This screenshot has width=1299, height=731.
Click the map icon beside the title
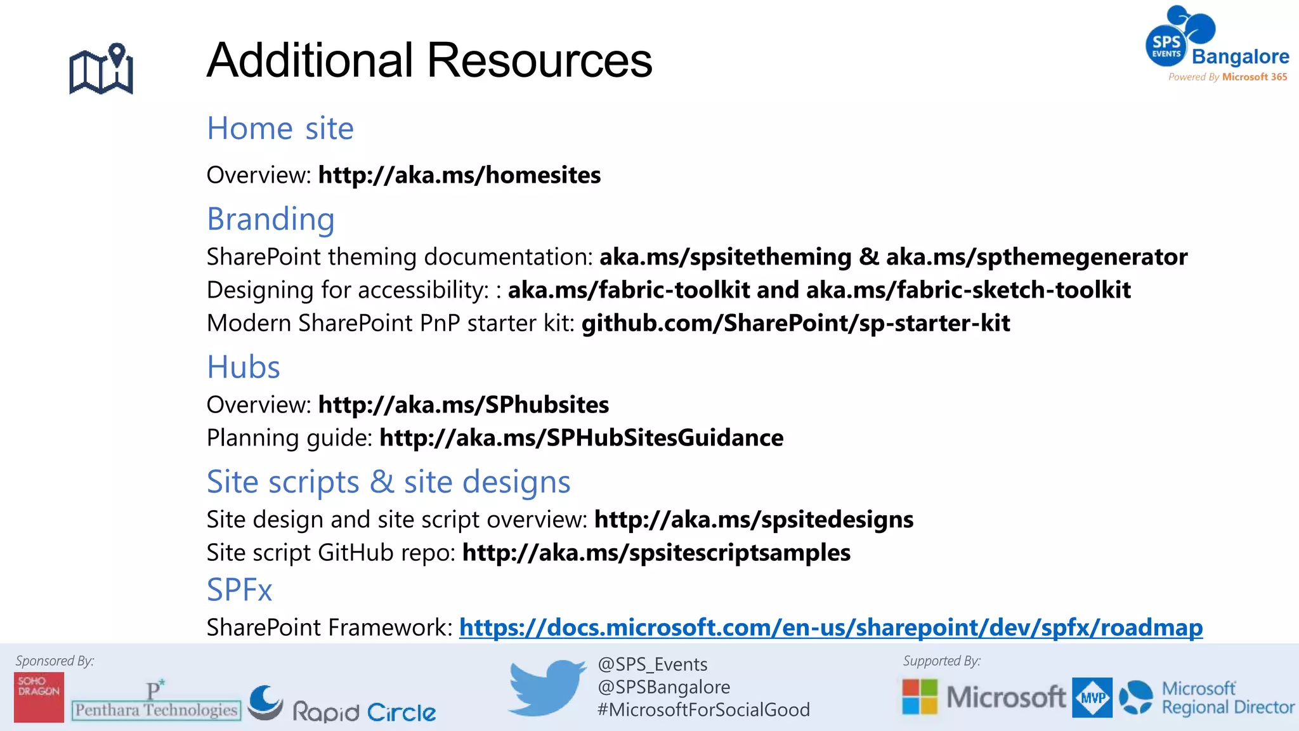[101, 69]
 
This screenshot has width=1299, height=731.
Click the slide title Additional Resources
[429, 60]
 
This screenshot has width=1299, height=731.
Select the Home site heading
[280, 128]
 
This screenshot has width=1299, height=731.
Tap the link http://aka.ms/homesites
[459, 175]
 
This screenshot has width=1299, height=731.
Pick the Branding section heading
[271, 219]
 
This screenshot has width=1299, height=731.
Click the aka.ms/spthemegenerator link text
[1036, 257]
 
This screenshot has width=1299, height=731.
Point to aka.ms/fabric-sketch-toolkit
[968, 290]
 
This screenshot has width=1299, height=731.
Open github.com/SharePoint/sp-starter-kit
[795, 323]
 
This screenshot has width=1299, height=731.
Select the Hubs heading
[244, 367]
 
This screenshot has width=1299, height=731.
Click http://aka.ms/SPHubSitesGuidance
[581, 438]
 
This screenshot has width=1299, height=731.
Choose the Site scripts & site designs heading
[388, 482]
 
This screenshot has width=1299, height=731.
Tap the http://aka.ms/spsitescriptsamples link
[656, 553]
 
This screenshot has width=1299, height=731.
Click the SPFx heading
[239, 590]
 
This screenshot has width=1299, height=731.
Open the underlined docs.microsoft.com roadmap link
[830, 628]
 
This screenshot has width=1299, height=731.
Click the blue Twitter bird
[546, 687]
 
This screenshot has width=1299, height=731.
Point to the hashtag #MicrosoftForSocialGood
[703, 709]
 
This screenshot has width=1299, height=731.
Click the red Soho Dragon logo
[39, 697]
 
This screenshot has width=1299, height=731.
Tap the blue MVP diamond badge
[1092, 697]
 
